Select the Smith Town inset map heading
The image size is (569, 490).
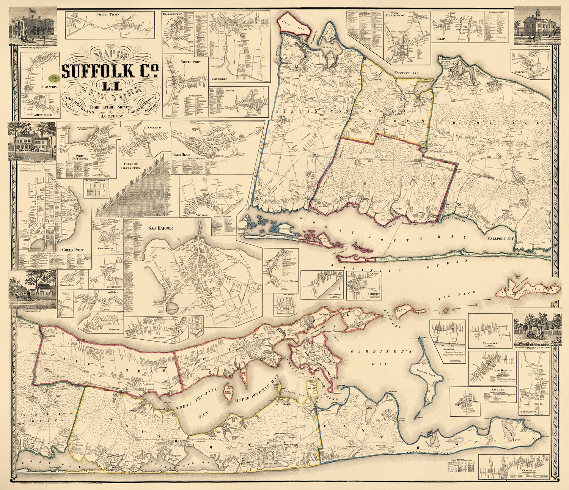(108, 14)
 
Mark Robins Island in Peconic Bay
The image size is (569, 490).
(229, 391)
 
